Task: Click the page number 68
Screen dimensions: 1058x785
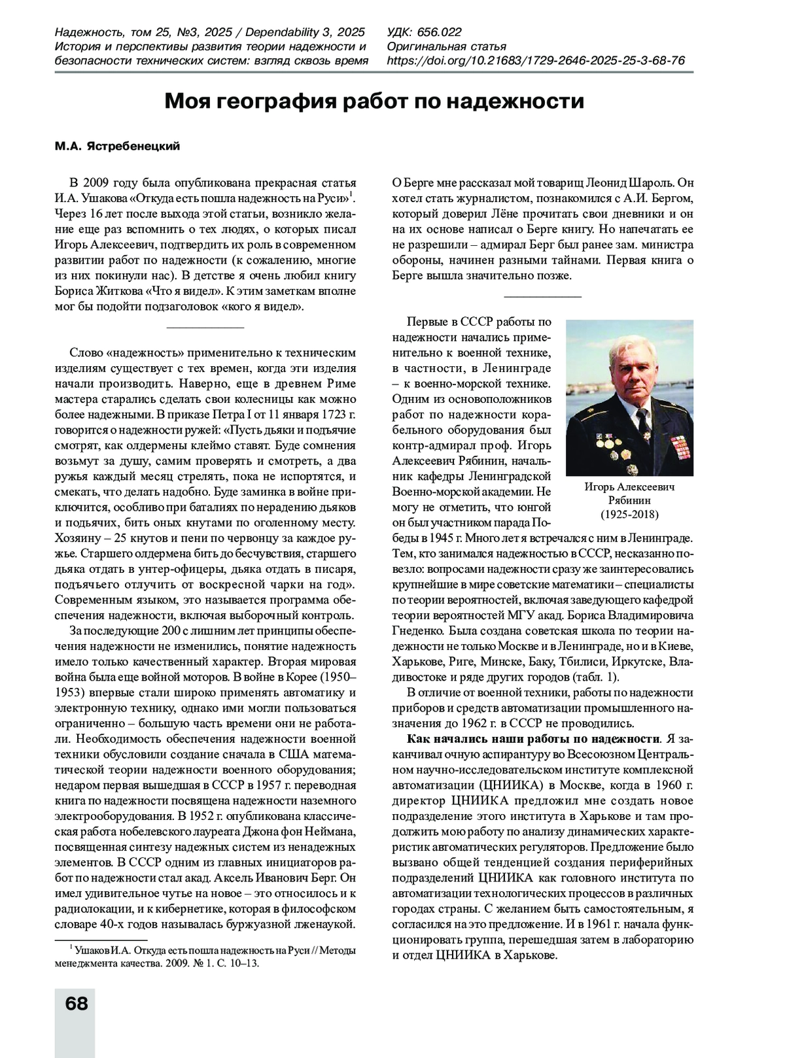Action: coord(77,1003)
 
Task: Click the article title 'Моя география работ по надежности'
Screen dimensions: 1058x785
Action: coord(374,102)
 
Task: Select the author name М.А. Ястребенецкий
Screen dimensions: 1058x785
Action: coord(117,146)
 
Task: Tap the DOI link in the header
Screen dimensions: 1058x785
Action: coord(536,61)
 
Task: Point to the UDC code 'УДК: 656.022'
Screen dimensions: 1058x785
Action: coord(425,32)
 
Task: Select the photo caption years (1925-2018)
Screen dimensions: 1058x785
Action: coord(629,514)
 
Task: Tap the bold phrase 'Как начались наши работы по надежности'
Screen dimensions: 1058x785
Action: coord(532,739)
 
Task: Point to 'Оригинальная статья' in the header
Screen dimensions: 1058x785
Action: coord(447,46)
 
